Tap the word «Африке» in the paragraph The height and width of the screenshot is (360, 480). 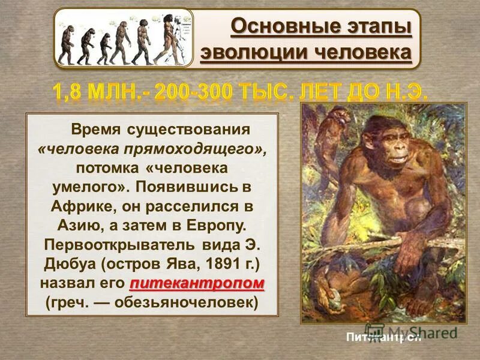104,206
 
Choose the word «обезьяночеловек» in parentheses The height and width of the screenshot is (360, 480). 197,302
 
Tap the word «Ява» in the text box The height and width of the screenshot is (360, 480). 175,264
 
